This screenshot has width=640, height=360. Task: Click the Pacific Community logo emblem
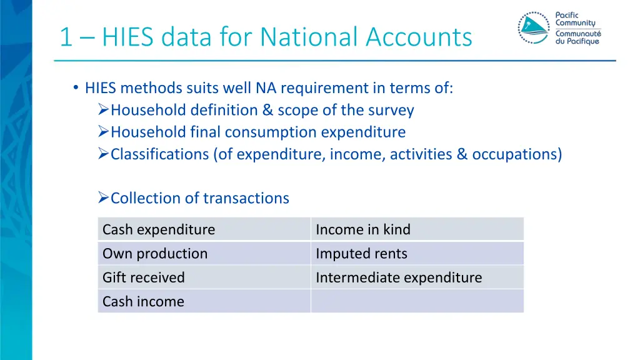[x=533, y=27]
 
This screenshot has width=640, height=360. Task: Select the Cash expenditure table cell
[x=204, y=229]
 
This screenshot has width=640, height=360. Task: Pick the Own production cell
[x=204, y=253]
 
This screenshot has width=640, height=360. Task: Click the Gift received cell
[x=204, y=277]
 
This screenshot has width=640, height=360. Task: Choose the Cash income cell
[x=204, y=301]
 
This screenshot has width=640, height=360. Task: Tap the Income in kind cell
[x=417, y=229]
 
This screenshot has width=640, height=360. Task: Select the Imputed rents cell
[x=417, y=253]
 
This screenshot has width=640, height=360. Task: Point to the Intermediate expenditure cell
[x=417, y=277]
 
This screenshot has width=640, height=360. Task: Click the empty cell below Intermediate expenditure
[x=417, y=301]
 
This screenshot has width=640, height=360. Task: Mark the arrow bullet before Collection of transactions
[x=104, y=198]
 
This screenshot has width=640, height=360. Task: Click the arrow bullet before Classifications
[x=104, y=154]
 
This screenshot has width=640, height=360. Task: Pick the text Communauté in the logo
[x=578, y=34]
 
